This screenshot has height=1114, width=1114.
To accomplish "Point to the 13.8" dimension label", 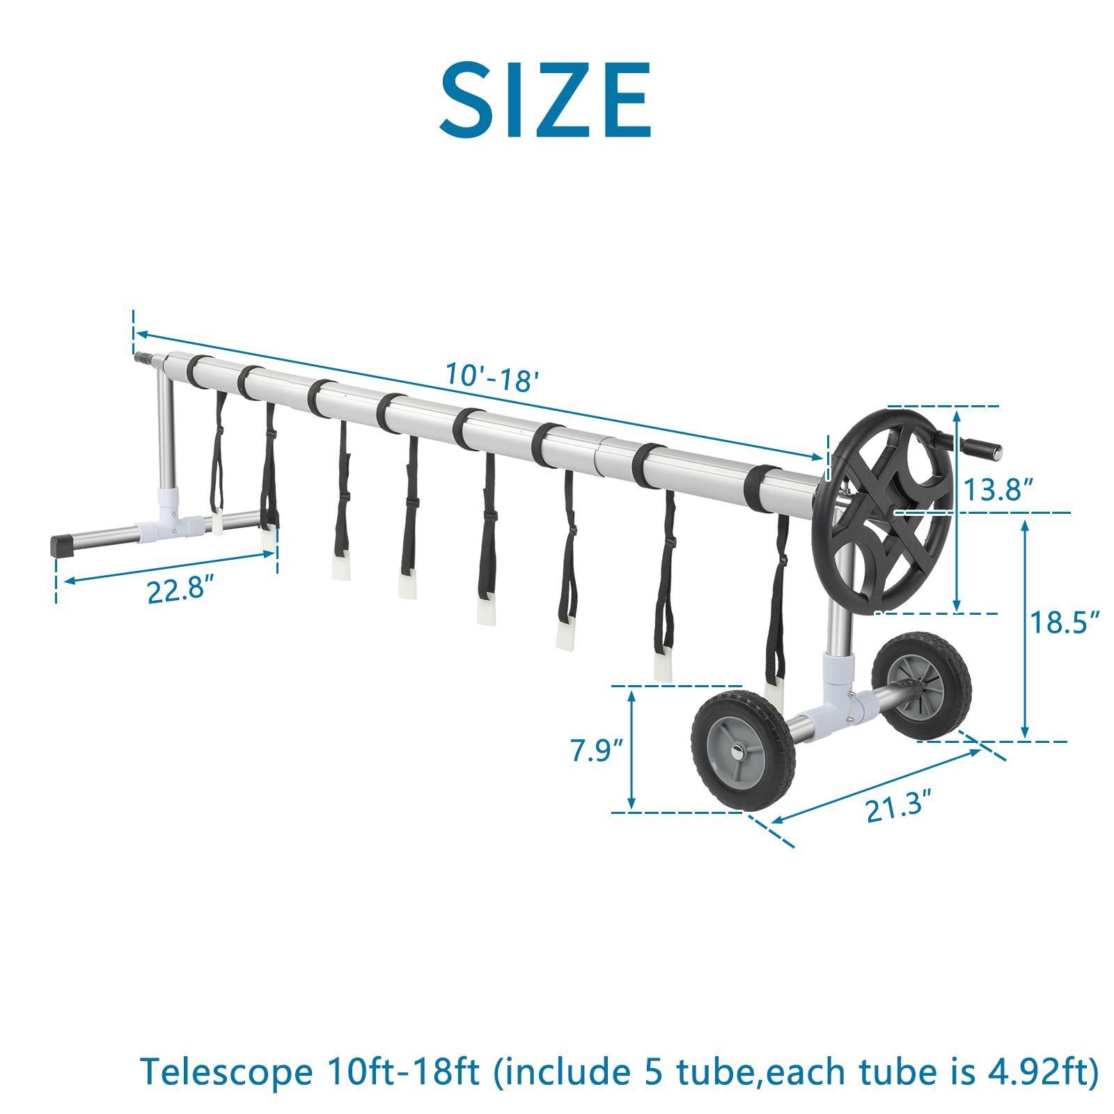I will (997, 490).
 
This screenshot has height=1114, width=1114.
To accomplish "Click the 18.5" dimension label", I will (1065, 622).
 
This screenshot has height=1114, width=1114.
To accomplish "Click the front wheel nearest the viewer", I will (744, 751).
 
